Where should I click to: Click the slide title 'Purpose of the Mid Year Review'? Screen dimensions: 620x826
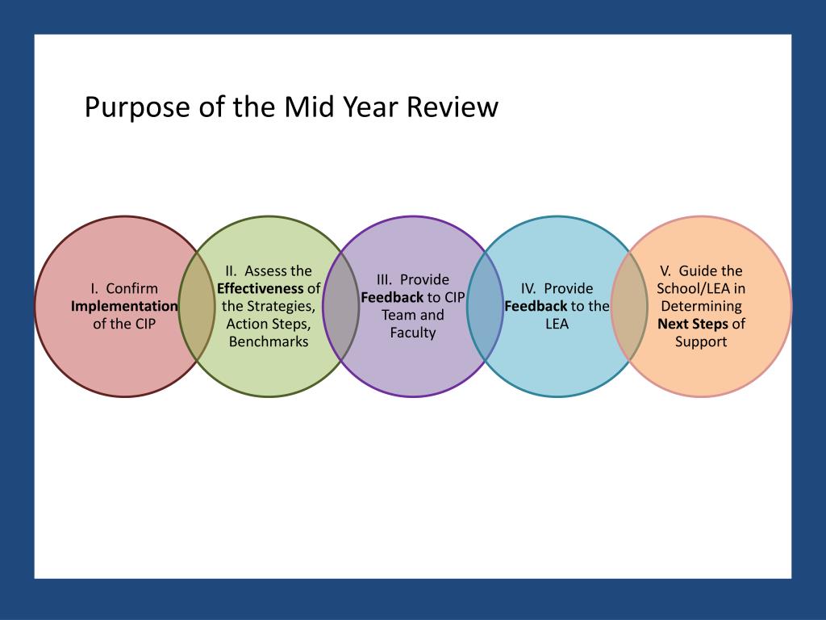click(x=291, y=107)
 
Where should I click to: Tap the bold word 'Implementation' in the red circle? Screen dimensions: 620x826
click(x=124, y=306)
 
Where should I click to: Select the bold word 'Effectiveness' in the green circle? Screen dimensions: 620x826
click(x=261, y=288)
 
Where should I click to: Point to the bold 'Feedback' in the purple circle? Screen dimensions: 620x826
click(x=392, y=297)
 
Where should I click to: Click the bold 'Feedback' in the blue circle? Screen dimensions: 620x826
click(x=536, y=306)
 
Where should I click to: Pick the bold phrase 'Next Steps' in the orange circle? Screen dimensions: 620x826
click(x=693, y=324)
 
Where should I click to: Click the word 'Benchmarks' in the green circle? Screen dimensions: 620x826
click(x=269, y=341)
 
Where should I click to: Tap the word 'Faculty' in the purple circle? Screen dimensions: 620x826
click(x=413, y=333)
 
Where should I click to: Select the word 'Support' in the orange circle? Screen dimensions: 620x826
click(x=701, y=341)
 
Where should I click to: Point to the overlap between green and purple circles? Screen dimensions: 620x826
click(x=340, y=307)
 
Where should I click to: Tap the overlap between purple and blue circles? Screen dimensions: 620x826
click(x=485, y=307)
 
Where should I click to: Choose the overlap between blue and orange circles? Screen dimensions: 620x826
click(x=629, y=307)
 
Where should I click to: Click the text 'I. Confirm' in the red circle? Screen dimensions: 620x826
click(x=124, y=288)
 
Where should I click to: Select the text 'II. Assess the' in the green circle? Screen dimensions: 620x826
click(x=269, y=270)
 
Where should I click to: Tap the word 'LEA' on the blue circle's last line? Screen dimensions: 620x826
click(x=557, y=324)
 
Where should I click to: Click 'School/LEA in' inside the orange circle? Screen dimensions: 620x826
click(x=701, y=288)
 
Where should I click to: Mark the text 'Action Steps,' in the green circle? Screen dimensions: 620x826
click(x=269, y=324)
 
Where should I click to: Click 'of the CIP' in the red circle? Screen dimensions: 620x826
click(x=124, y=324)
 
